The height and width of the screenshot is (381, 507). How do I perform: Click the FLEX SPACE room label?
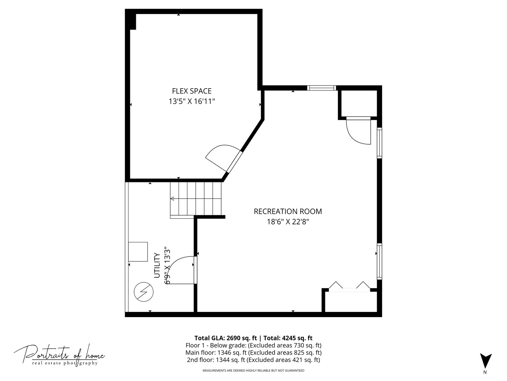[192, 91]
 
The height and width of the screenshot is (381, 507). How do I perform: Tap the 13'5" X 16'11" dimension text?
[192, 101]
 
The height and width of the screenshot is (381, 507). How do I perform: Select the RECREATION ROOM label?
[288, 211]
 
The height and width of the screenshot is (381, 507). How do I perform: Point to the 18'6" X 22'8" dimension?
[288, 222]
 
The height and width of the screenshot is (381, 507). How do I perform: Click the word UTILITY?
[157, 265]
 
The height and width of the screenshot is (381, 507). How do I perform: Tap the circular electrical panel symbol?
[144, 292]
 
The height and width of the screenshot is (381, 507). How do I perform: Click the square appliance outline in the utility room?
[138, 252]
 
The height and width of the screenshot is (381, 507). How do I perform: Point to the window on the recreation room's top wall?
[321, 88]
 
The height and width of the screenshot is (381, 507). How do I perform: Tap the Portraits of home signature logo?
[59, 354]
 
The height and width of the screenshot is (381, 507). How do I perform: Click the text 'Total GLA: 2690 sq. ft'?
[226, 338]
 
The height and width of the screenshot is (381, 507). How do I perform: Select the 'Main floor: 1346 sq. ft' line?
[254, 352]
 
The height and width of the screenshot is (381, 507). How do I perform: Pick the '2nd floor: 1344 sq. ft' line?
[254, 360]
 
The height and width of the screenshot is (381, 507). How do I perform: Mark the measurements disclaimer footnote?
[254, 370]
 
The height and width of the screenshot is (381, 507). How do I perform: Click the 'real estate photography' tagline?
[65, 363]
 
